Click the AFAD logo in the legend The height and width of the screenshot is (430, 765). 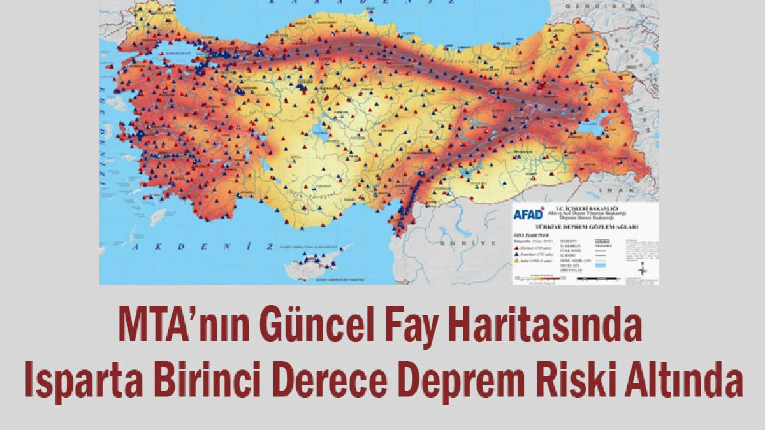(x=529, y=213)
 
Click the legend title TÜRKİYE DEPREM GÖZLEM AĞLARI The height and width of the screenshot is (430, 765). (x=580, y=226)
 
